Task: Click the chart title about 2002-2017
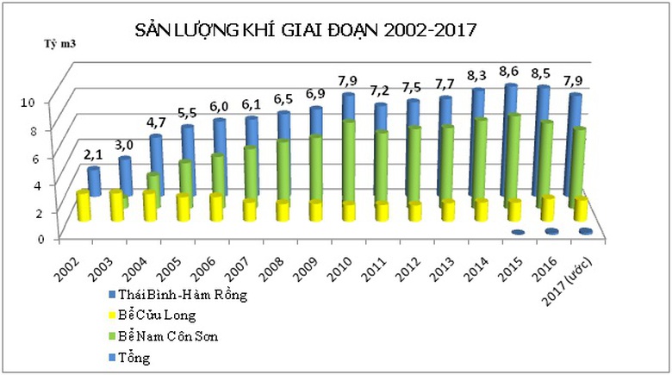[306, 31]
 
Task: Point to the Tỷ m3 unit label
[58, 42]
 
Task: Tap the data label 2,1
[92, 155]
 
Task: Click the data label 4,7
[155, 122]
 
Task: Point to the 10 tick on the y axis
[27, 101]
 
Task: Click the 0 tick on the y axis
[28, 238]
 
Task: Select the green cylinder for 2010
[348, 164]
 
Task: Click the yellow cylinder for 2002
[83, 206]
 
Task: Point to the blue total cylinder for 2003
[125, 176]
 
